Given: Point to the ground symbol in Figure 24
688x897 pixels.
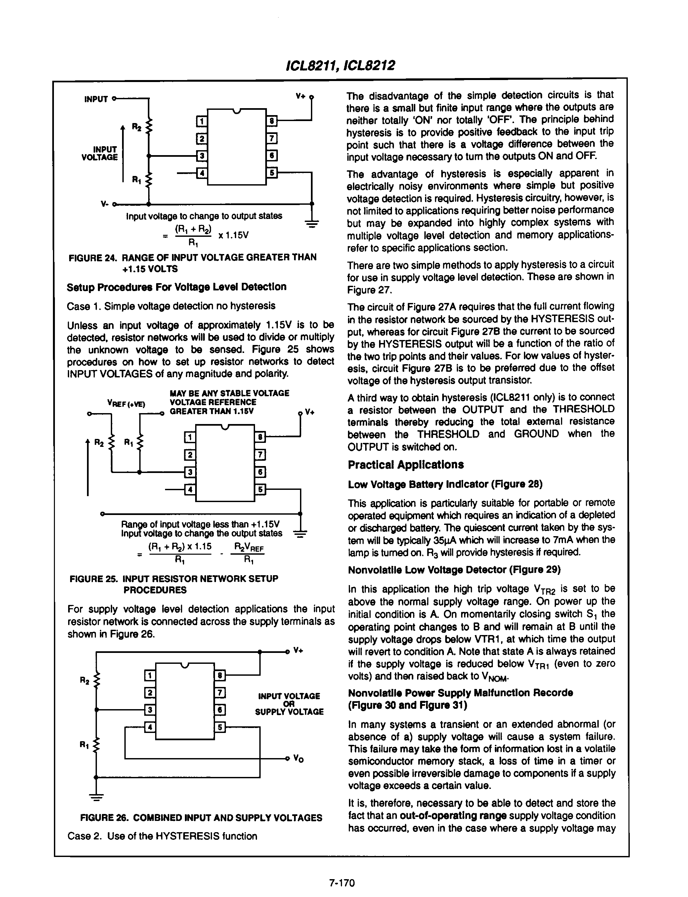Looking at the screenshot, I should [312, 223].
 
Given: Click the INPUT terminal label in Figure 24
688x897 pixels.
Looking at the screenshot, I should [96, 99].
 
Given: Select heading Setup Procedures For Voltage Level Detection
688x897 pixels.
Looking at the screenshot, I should [177, 286].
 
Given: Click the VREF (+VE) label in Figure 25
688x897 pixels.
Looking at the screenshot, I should [126, 404].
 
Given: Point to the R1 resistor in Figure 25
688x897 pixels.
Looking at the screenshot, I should [140, 443].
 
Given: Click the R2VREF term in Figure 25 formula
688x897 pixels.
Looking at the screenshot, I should [248, 546].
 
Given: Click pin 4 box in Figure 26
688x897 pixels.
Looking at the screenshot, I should [150, 727].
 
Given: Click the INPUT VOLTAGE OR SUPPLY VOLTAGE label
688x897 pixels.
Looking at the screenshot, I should [289, 704].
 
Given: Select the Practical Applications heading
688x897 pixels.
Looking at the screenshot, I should [406, 465].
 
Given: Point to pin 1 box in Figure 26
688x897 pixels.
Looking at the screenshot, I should [150, 675].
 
